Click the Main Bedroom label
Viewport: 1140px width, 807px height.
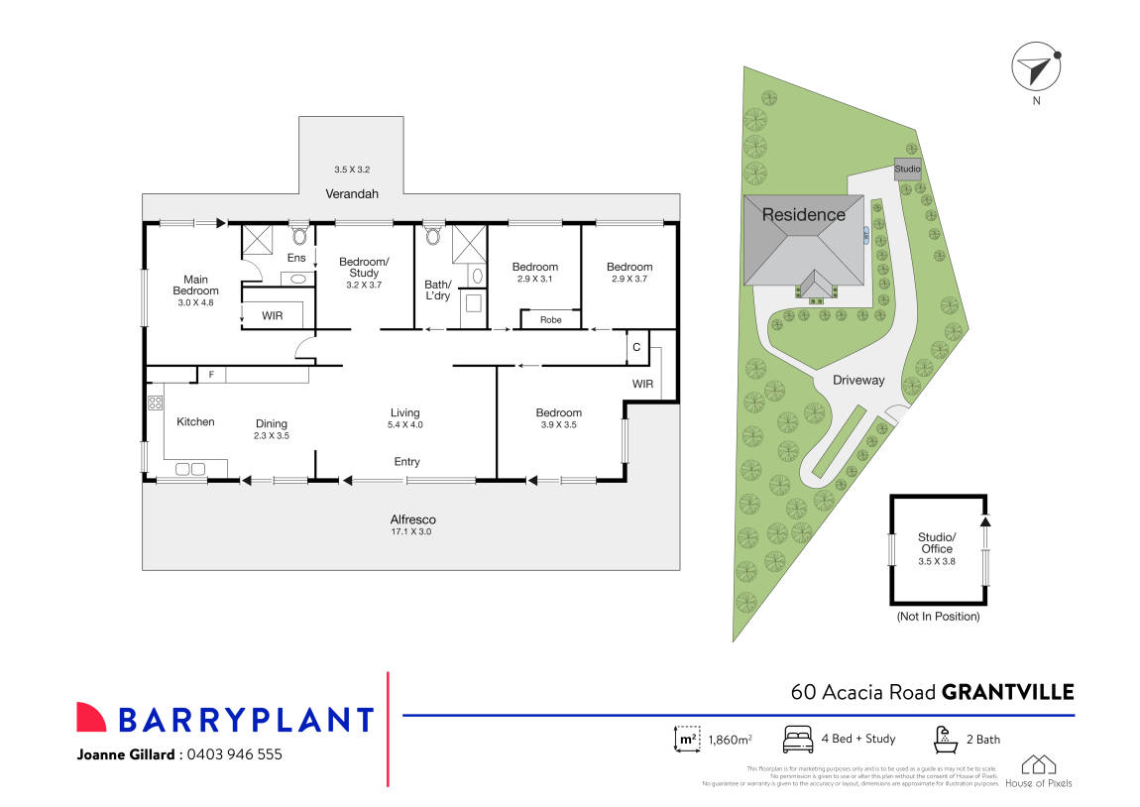click(193, 285)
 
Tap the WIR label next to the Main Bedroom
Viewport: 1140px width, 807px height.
click(274, 315)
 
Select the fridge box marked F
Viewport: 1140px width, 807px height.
click(210, 374)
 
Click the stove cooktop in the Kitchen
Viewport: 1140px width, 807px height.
click(155, 403)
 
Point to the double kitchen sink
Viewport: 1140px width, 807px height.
click(189, 469)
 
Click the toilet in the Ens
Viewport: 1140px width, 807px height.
click(298, 237)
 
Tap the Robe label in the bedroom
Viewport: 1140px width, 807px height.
click(549, 320)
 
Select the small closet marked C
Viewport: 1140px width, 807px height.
click(635, 348)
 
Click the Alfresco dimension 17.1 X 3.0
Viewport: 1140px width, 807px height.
click(412, 532)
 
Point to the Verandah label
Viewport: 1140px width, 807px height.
click(353, 194)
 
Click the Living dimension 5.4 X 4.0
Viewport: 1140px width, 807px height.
click(404, 424)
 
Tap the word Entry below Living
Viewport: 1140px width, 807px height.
click(406, 462)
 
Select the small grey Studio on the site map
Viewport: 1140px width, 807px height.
click(908, 169)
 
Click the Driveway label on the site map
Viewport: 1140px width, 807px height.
click(858, 380)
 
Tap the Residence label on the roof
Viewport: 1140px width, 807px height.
click(803, 214)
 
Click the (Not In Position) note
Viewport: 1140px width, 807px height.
click(937, 617)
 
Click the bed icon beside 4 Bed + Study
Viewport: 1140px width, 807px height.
click(798, 739)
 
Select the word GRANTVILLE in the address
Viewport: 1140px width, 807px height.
click(1007, 691)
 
